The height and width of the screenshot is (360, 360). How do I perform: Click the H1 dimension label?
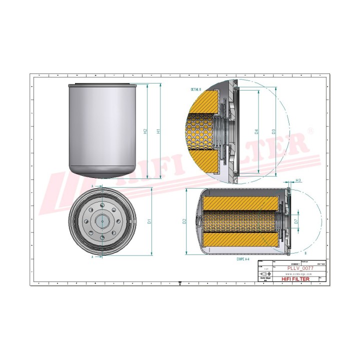158,131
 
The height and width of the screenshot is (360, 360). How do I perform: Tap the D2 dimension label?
184,220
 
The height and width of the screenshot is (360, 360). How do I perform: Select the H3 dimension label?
298,180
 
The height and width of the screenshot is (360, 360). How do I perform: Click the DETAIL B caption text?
196,89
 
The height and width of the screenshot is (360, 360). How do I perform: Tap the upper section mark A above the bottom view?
93,185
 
